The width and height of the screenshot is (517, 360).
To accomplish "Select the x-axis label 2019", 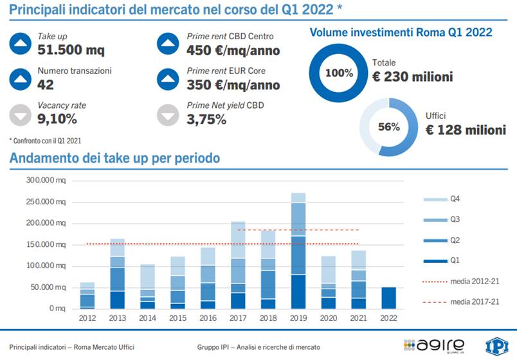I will (298, 318).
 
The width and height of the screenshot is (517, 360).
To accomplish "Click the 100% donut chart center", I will (339, 73).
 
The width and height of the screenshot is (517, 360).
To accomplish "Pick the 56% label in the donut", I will (388, 127).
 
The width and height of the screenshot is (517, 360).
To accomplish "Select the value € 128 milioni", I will (466, 129).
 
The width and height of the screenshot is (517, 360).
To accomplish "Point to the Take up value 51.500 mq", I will (71, 50).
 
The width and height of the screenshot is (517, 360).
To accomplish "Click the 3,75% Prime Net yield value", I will (206, 119).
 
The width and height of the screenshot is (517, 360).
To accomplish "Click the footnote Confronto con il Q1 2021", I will (45, 139).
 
